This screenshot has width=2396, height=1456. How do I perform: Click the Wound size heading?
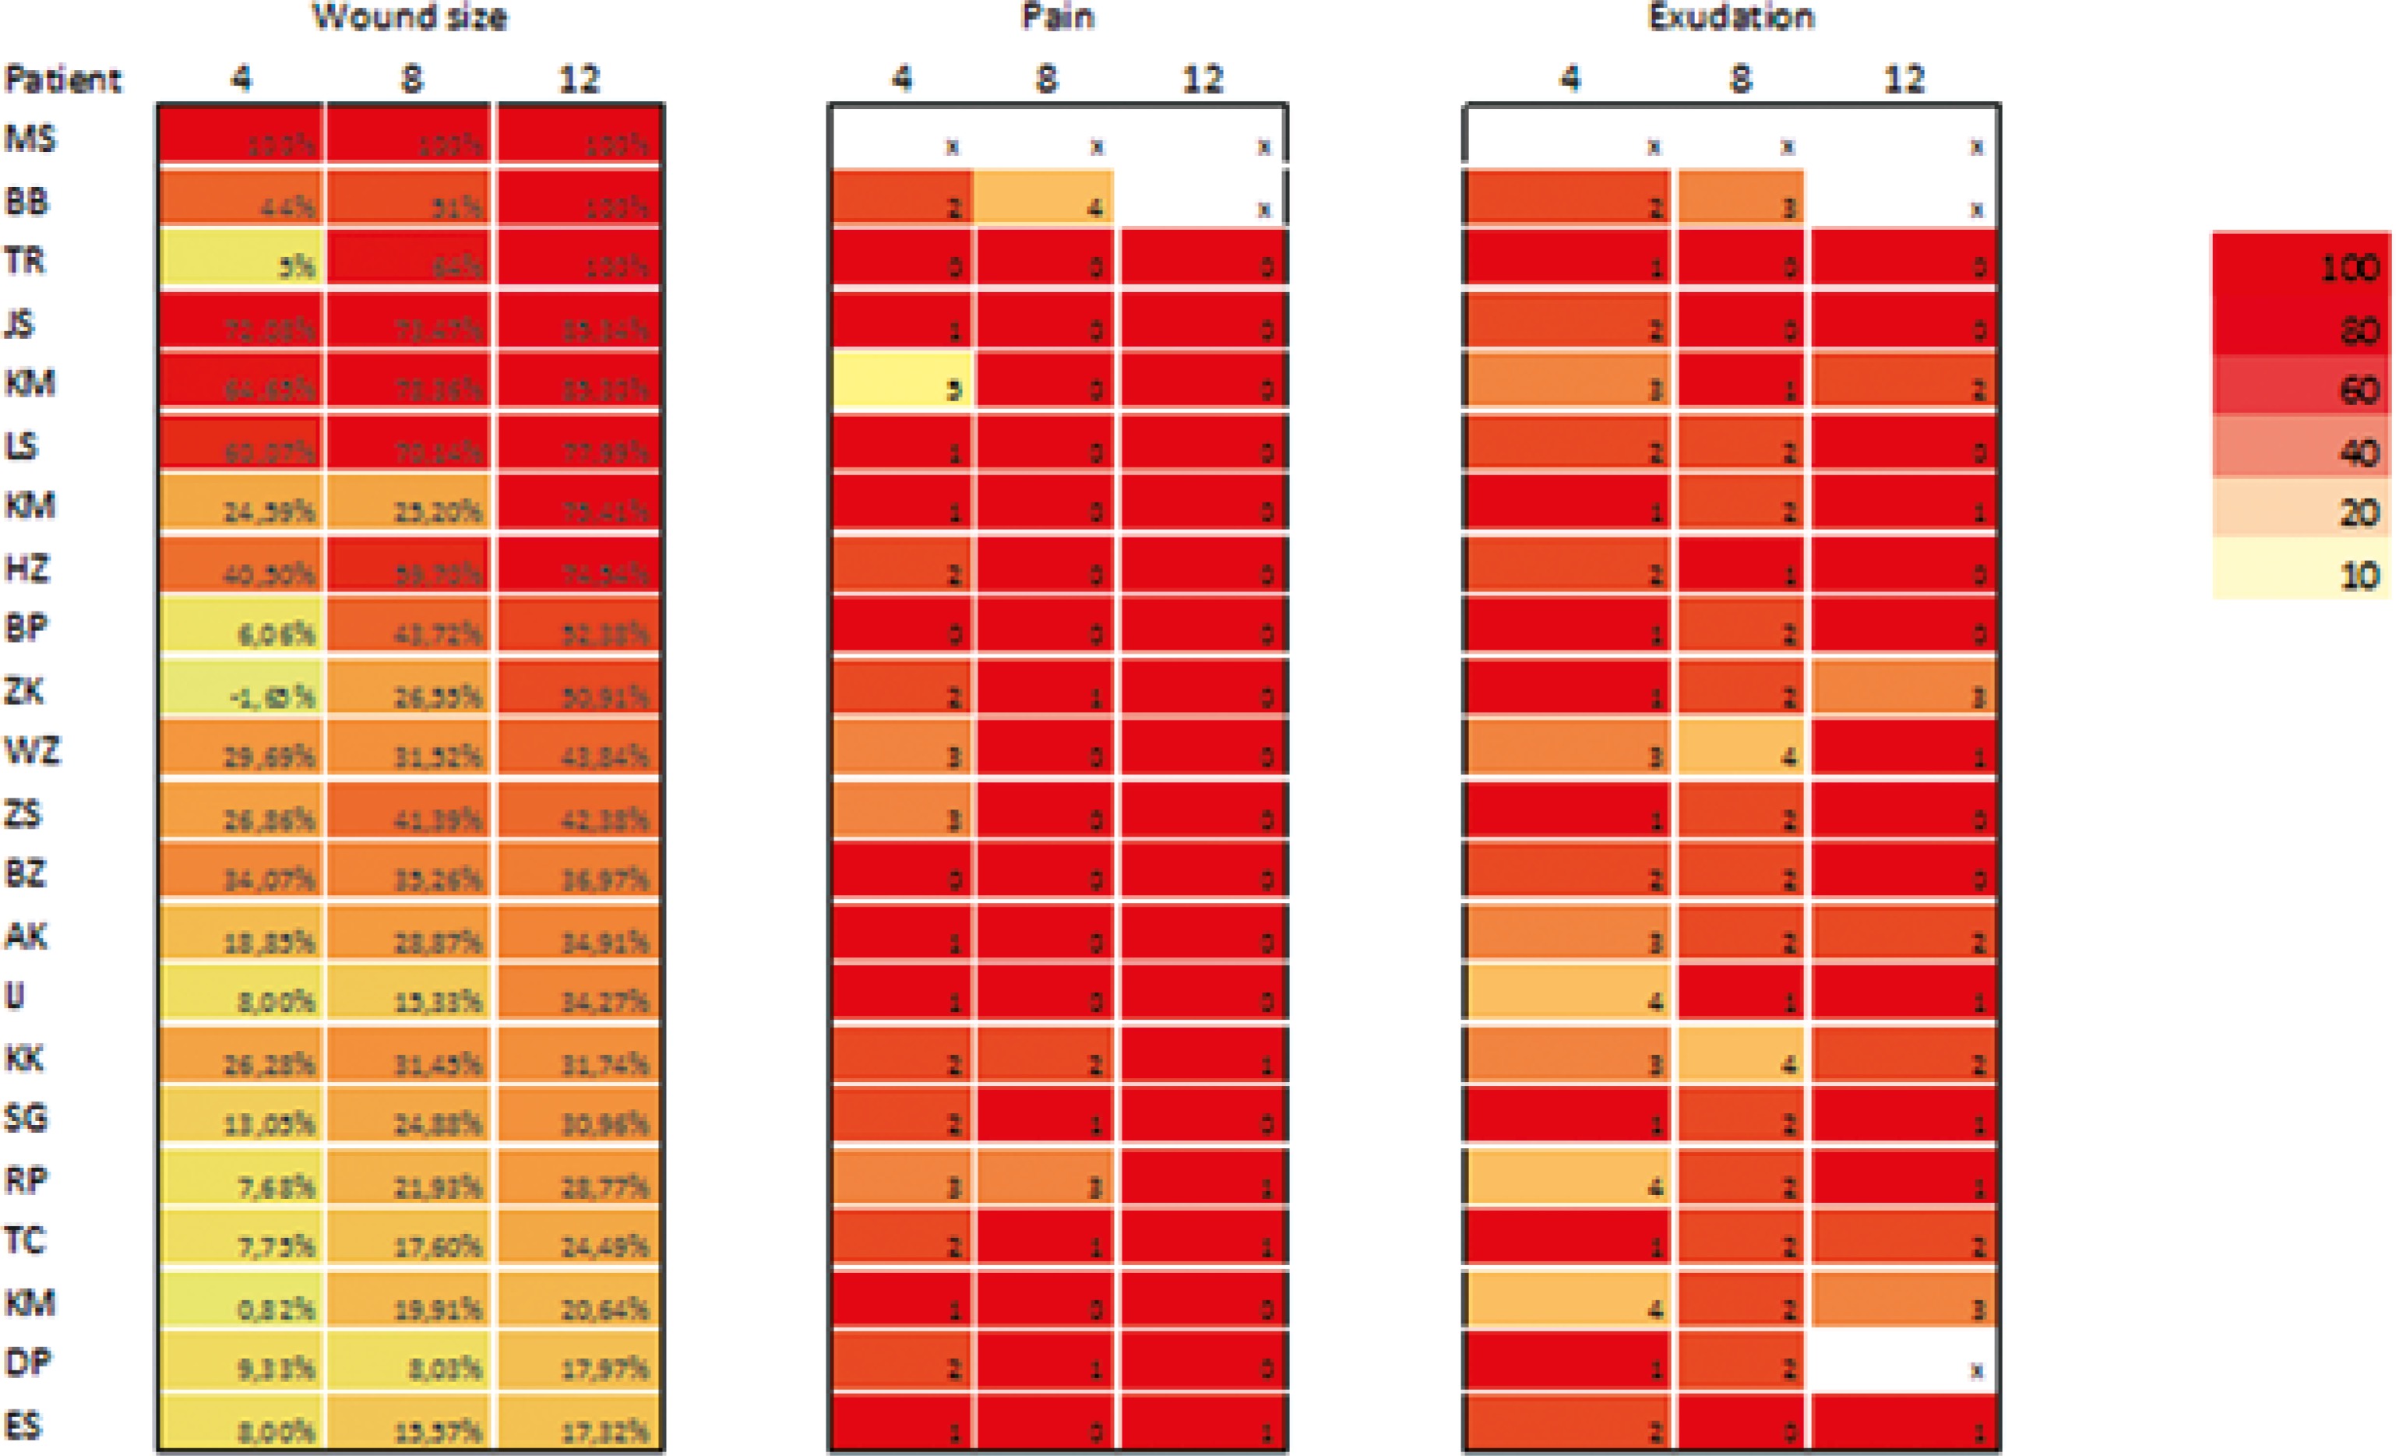point(410,16)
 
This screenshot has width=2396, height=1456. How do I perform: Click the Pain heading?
point(1058,16)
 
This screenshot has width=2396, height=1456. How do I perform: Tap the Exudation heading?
point(1731,16)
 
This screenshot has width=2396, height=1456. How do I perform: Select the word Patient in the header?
point(63,79)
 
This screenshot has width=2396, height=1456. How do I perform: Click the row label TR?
point(25,261)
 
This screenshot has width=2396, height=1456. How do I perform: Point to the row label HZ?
point(26,567)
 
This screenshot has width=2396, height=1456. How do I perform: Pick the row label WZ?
point(32,751)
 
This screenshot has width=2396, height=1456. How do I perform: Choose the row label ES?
point(24,1425)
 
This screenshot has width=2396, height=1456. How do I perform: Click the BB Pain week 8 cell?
point(1045,199)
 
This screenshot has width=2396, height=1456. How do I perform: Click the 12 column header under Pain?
point(1202,79)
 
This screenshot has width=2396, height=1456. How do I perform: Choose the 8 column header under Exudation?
point(1741,79)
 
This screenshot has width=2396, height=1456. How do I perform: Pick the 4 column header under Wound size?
point(241,79)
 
